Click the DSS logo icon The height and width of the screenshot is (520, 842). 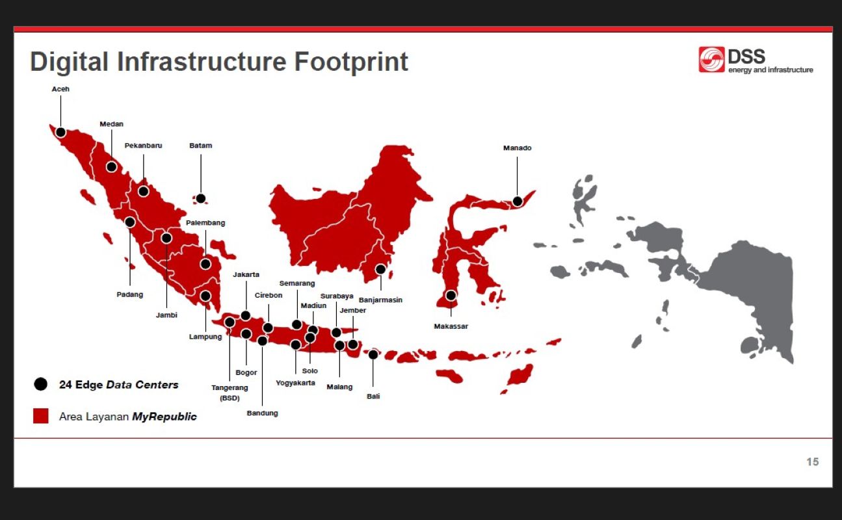pos(711,60)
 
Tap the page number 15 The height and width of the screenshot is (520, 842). pos(812,461)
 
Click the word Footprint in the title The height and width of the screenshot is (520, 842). pos(351,62)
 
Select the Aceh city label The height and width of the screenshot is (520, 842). pos(60,89)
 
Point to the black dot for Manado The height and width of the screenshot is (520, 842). pos(517,201)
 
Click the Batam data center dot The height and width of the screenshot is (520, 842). pos(201,198)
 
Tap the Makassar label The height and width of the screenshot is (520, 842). pos(451,326)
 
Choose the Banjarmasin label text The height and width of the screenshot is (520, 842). pos(380,300)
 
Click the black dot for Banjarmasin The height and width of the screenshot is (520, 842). pos(380,269)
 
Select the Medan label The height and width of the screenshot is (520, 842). pos(111,123)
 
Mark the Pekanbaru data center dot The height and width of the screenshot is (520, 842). pos(144,191)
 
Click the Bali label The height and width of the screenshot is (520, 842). pos(373,396)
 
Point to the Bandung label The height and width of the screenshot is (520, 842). pos(262,413)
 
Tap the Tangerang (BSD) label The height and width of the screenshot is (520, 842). pos(230,393)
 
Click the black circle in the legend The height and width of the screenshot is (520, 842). pos(41,384)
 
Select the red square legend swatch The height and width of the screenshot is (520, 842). pos(41,416)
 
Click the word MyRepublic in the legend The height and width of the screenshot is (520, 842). pos(164,416)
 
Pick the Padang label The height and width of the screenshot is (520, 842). pos(129,294)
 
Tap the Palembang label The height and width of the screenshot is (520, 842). pos(205,222)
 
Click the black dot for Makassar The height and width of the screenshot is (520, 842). pos(451,295)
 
